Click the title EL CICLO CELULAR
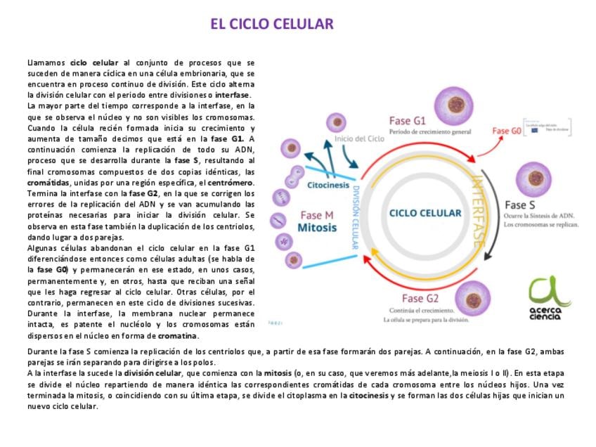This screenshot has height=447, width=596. point(271,25)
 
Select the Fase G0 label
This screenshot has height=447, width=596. point(506,131)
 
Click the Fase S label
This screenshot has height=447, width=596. point(521,205)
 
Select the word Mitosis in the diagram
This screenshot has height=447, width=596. point(317,228)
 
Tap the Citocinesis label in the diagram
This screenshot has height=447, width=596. point(328,186)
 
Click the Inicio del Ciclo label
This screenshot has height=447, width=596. point(359,138)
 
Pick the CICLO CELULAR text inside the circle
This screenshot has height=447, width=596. point(425,213)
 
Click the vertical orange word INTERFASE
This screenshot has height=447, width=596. point(478,210)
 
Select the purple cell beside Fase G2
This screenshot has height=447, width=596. point(472,299)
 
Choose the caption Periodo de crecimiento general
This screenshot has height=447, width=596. point(430,131)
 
